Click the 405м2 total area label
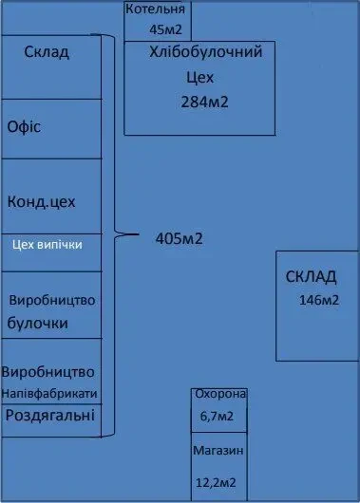[x=179, y=238]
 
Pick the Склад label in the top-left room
[x=47, y=52]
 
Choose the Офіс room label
[x=26, y=126]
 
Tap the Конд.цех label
[x=41, y=202]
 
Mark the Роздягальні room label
[x=50, y=415]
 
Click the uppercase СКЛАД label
[x=311, y=276]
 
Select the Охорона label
[x=219, y=394]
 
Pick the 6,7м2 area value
[x=218, y=415]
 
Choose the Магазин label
[x=218, y=451]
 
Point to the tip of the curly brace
[x=140, y=232]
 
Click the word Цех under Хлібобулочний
[x=196, y=78]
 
